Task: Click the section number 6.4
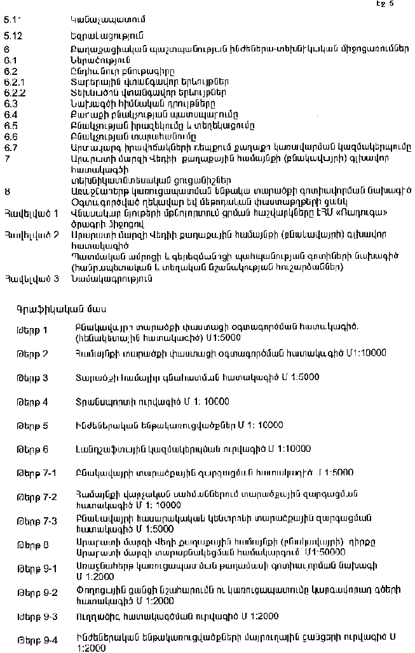[x=10, y=115]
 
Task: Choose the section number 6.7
[x=10, y=147]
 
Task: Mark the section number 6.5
[x=10, y=126]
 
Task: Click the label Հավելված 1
[x=31, y=213]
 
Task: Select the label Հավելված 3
[x=31, y=278]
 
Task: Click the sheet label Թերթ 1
[x=32, y=330]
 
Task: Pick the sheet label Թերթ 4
[x=32, y=402]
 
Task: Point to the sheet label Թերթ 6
[x=32, y=449]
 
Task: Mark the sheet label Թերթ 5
[x=32, y=426]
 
